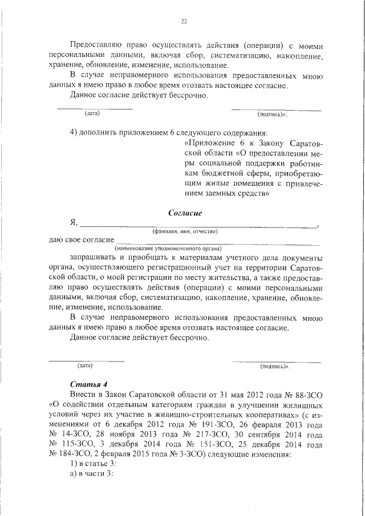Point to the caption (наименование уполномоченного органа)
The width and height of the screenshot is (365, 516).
click(168, 249)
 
